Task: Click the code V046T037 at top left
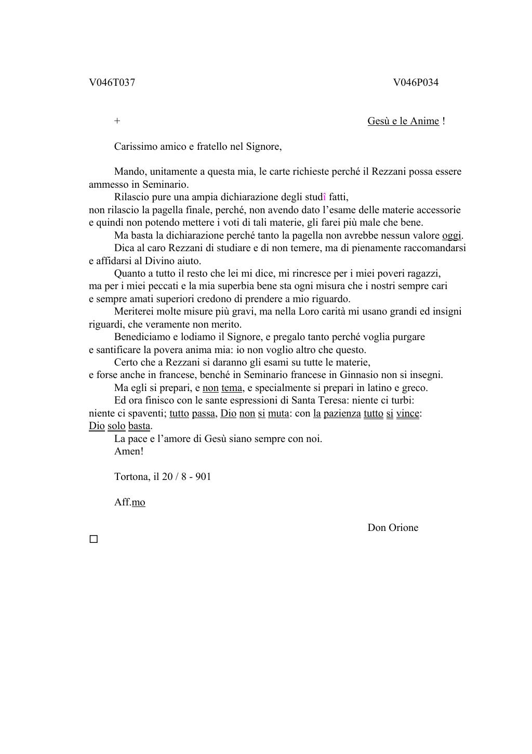[112, 83]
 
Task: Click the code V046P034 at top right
[416, 83]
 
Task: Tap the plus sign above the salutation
[117, 121]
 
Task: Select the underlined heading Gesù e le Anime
[403, 121]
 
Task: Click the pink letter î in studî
[325, 197]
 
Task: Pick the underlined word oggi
[451, 236]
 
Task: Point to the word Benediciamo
[140, 337]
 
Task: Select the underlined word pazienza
[342, 413]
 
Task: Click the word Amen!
[128, 451]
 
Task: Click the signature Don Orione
[393, 528]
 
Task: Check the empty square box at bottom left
[94, 539]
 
